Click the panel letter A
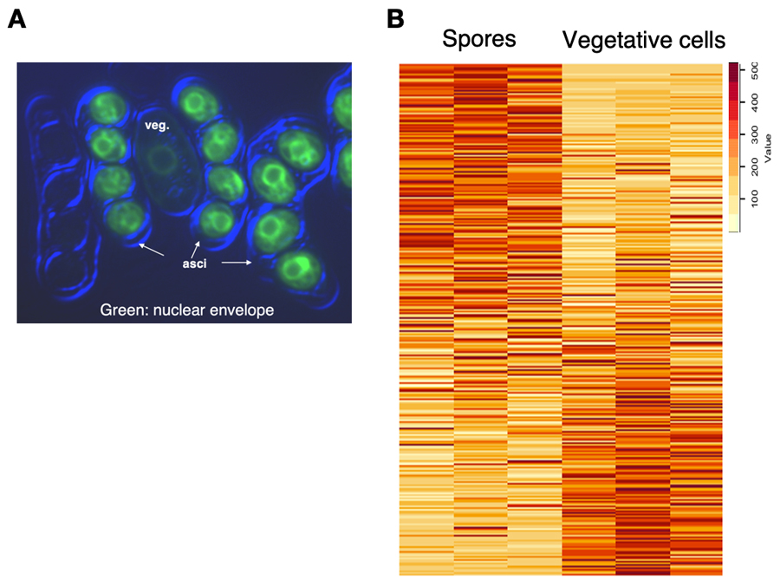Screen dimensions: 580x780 click(16, 18)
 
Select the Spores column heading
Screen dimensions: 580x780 click(478, 39)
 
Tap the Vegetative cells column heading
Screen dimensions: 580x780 click(644, 40)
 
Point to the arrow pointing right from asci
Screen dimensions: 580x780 click(236, 260)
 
